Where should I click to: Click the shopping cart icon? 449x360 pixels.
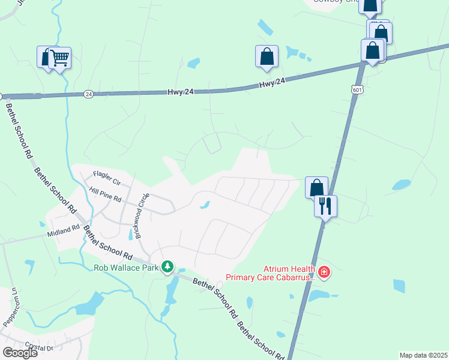[60, 58]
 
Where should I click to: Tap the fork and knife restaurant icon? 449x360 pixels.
[325, 206]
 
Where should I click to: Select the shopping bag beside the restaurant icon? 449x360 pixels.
[316, 187]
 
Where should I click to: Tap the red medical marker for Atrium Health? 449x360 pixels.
[324, 272]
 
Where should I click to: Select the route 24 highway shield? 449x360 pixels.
[89, 94]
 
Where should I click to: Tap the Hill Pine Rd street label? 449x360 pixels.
[105, 193]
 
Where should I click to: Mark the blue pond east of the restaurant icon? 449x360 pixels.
[401, 185]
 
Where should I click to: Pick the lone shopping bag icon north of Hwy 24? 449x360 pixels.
[267, 57]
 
